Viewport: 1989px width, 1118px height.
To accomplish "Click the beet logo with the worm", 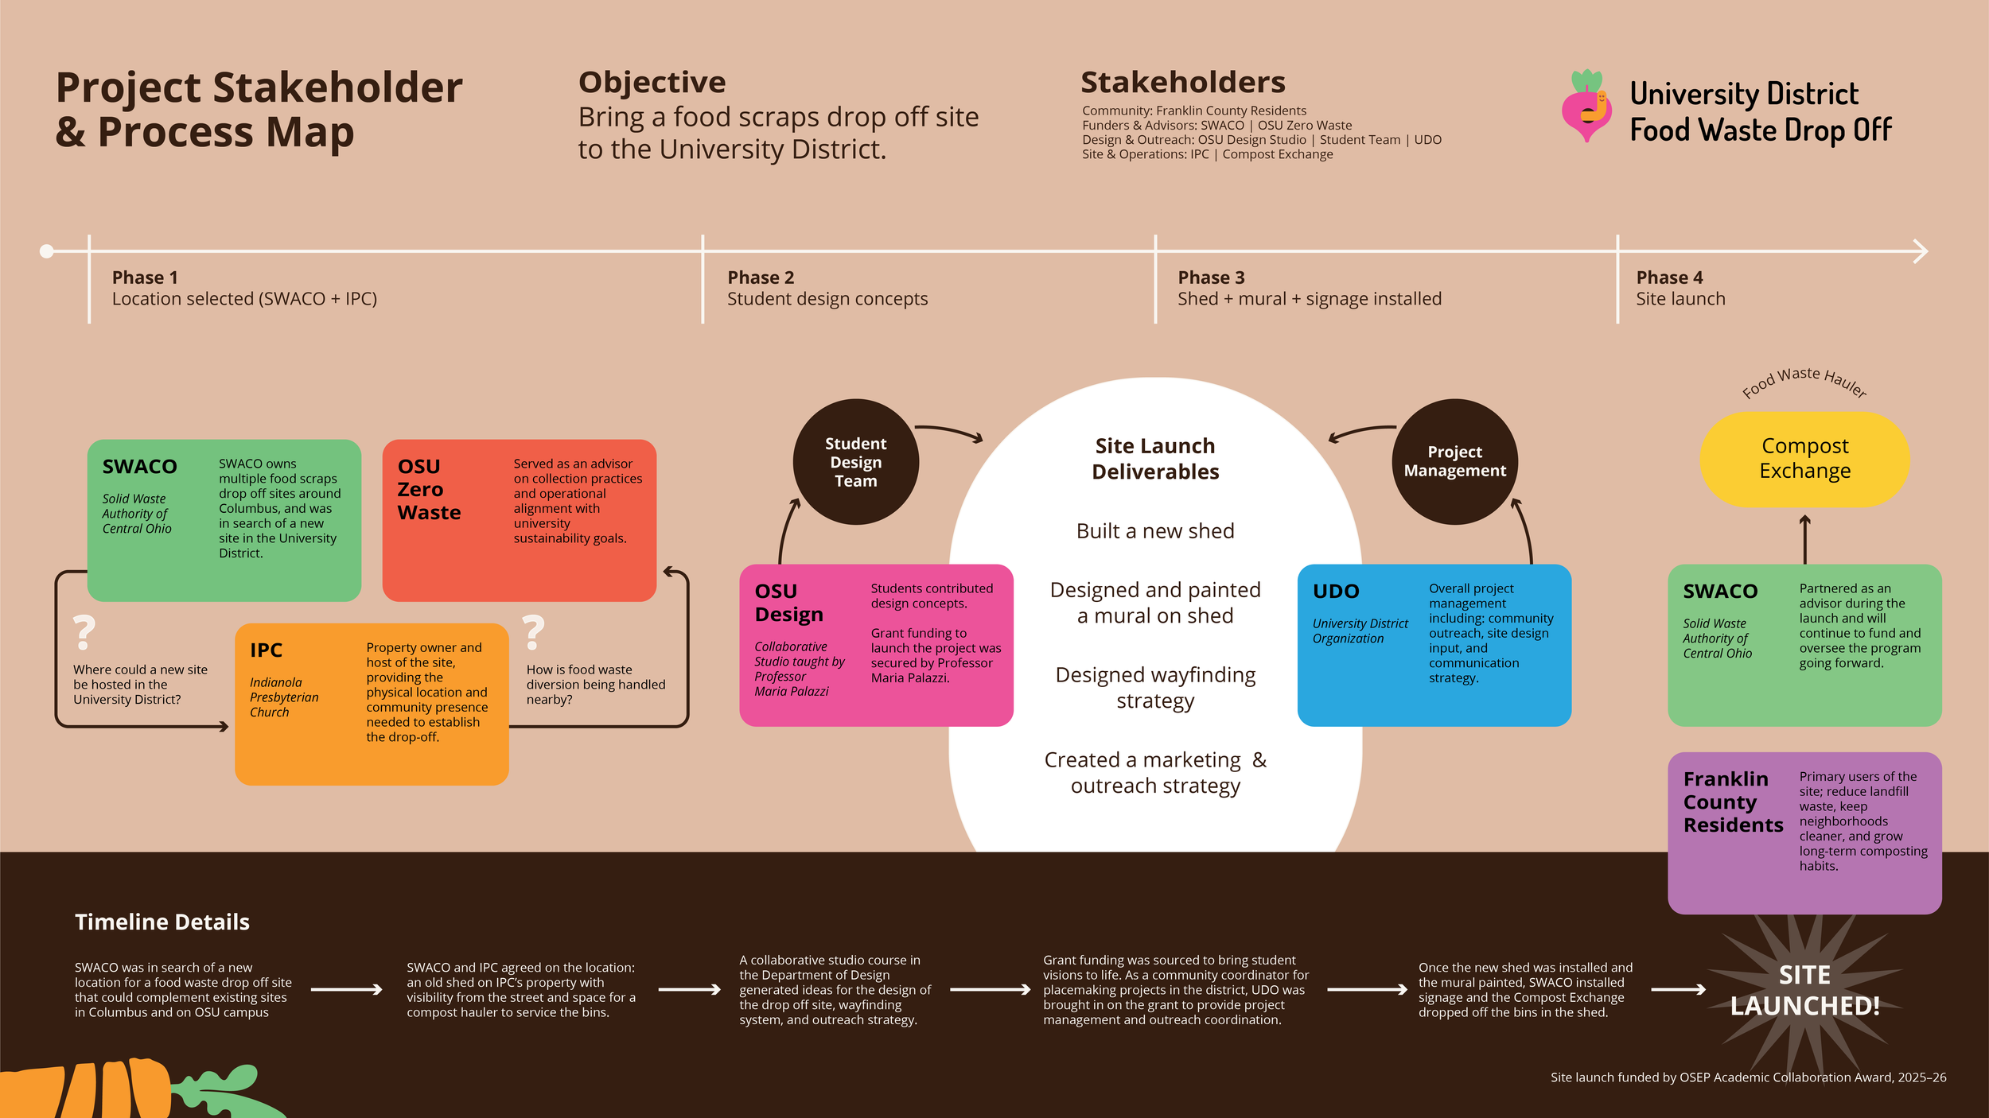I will pos(1586,107).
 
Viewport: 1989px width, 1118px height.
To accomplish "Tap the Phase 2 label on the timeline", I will pos(761,278).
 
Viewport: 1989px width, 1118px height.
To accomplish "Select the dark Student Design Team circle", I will pos(855,462).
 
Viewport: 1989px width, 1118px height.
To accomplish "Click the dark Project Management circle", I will pos(1454,461).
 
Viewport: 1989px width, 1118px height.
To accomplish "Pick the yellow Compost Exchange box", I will pos(1804,459).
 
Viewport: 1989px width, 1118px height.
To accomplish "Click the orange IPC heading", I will pos(266,650).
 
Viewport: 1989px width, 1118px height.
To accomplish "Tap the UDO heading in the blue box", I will pos(1336,592).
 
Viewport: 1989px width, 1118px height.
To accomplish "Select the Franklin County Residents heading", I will pos(1732,802).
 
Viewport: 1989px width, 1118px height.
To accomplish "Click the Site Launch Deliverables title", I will pos(1155,459).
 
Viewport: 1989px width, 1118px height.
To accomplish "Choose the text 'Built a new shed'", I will pos(1155,531).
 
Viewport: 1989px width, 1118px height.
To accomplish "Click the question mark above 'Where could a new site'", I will pos(84,633).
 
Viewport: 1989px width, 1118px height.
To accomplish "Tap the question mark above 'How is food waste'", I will pos(534,633).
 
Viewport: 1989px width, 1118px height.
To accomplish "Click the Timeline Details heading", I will pos(162,922).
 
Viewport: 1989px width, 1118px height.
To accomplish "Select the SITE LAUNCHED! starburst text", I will pos(1804,991).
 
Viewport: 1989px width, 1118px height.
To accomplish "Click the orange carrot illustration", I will pos(88,1089).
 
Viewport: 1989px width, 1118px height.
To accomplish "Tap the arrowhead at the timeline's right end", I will pos(1921,251).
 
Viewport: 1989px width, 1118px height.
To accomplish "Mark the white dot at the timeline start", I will pos(47,251).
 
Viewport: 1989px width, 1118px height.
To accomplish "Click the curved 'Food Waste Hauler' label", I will pos(1804,381).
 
